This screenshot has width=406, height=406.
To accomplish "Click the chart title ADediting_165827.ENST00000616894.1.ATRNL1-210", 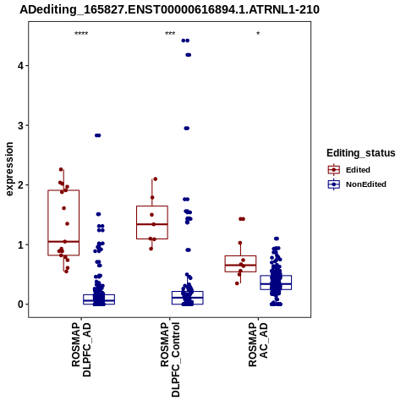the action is tap(169, 9).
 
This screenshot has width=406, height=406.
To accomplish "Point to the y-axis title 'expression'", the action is tap(9, 169).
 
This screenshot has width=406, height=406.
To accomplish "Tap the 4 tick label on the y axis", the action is tap(20, 66).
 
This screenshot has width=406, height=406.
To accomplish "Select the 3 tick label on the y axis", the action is tap(20, 125).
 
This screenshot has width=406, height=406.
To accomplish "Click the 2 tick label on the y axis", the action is tap(20, 185).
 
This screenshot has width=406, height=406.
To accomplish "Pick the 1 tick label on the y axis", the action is tap(20, 244).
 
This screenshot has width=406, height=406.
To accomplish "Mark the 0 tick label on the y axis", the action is tap(20, 304).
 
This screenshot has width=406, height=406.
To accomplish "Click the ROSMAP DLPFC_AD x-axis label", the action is tap(81, 349).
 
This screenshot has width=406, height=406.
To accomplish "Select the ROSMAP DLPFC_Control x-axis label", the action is tap(170, 359).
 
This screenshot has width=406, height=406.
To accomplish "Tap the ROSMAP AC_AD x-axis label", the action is tap(258, 344).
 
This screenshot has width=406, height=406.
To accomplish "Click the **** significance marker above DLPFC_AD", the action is tap(81, 34).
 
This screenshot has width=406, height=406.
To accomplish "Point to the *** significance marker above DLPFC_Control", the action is tap(170, 34).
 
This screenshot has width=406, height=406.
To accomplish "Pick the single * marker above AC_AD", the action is tap(258, 34).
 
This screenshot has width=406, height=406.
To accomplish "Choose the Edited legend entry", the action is tap(349, 170).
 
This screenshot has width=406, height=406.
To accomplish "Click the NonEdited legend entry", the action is tap(357, 184).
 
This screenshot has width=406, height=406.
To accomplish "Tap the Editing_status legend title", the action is tap(361, 153).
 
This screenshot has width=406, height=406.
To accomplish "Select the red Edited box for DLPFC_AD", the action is tap(63, 222).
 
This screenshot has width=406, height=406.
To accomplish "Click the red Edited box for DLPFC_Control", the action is tap(152, 222).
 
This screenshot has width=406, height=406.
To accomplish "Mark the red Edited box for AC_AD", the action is tap(240, 264).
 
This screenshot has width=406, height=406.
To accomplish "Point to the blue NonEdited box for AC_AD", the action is tap(276, 283).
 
